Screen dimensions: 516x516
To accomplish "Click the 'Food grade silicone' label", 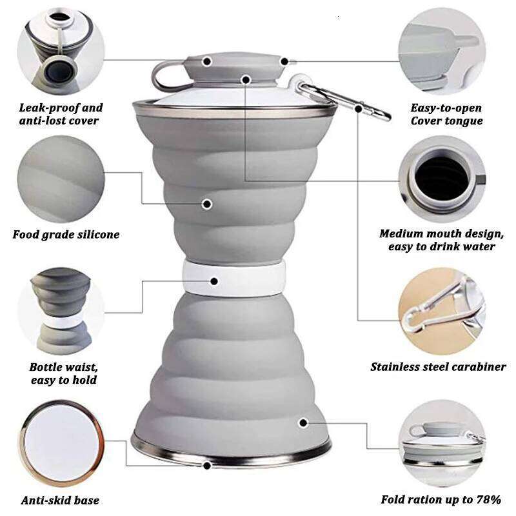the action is click(x=66, y=235).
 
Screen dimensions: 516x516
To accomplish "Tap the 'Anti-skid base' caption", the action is click(x=60, y=501).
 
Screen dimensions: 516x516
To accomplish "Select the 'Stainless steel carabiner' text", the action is click(x=438, y=366).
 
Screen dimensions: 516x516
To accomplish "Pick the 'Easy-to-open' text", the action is click(x=446, y=108).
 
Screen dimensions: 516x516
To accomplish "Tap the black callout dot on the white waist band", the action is click(x=214, y=281).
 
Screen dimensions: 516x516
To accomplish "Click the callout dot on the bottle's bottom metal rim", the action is click(x=207, y=466).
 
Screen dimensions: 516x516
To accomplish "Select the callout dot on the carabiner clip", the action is click(x=359, y=108).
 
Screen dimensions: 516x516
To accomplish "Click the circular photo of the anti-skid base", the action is click(x=61, y=443).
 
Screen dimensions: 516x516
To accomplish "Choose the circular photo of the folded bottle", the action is click(x=442, y=443).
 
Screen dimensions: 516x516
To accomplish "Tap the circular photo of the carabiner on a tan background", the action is click(x=442, y=312).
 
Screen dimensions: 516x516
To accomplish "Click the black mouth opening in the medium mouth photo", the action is click(x=442, y=178).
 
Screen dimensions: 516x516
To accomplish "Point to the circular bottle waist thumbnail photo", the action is click(x=61, y=312).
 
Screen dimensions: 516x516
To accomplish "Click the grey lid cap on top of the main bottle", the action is click(x=233, y=68).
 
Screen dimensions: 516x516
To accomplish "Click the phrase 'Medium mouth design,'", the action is click(x=441, y=233).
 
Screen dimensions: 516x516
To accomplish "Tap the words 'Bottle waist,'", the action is click(x=63, y=367).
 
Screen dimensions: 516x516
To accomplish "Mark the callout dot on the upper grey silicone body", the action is click(x=206, y=204).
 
